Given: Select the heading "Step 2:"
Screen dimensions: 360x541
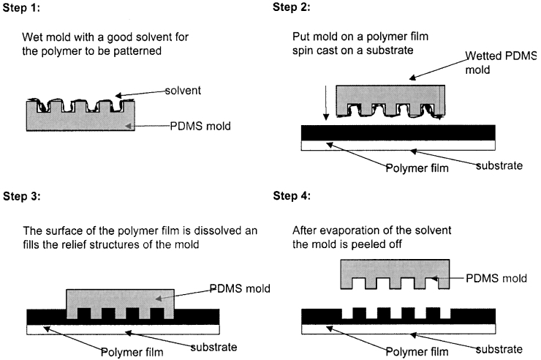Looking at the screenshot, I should [x=292, y=8].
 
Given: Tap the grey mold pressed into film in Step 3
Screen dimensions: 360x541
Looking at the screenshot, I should [x=121, y=300].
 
